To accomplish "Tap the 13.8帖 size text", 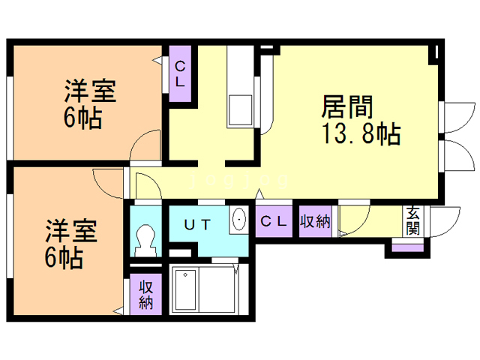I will click(x=361, y=135).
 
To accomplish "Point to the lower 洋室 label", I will click(x=69, y=230).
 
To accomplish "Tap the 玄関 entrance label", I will click(x=413, y=221).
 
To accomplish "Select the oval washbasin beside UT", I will click(x=239, y=220).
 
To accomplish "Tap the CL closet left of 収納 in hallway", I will click(x=273, y=221).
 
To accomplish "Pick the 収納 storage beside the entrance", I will click(x=316, y=221).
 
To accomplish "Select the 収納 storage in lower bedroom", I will click(x=145, y=295).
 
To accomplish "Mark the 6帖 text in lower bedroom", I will click(x=63, y=257).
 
